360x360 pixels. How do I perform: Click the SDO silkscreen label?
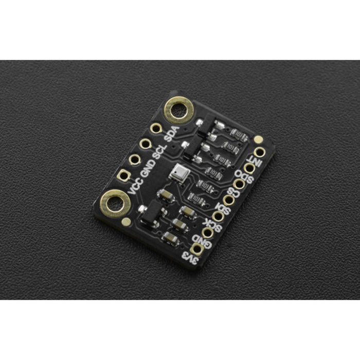point(244,178)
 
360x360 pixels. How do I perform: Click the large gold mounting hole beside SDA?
point(178,110)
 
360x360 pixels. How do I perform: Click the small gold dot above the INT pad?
point(258,139)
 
